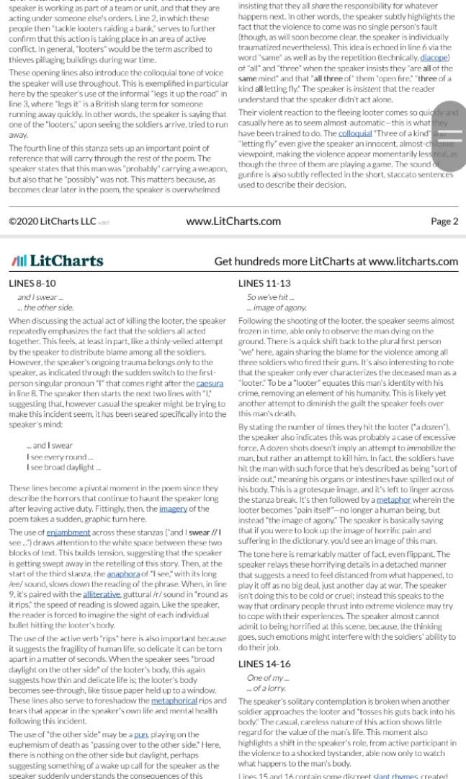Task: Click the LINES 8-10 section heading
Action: pos(32,283)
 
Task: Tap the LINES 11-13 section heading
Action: pos(264,283)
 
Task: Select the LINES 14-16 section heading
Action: pos(264,664)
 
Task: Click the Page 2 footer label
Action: pos(444,221)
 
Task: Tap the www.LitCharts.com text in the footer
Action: pos(233,221)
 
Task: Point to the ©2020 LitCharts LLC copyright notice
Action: pos(53,221)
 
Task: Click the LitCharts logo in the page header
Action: pos(57,261)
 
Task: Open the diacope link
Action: pos(434,58)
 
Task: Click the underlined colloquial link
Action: pos(355,133)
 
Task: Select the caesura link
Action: pos(210,384)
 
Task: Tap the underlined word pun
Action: pos(140,734)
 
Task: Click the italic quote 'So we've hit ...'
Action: pos(270,297)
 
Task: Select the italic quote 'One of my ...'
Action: pos(268,678)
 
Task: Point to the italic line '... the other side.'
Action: pos(45,307)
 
